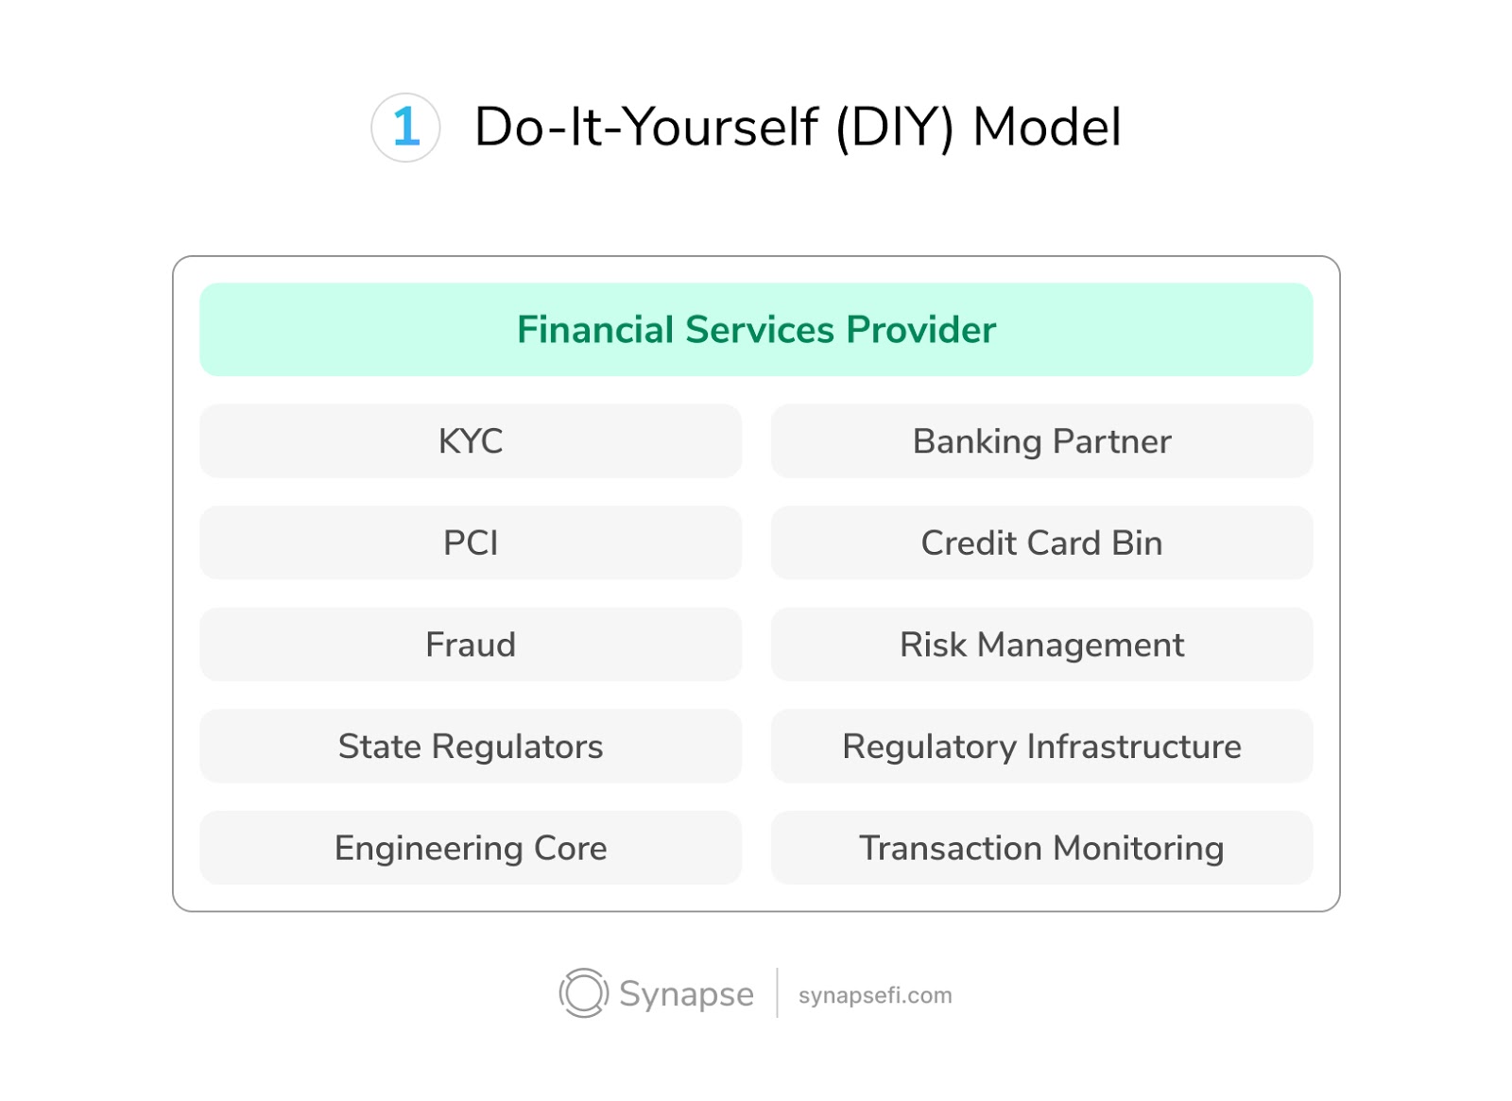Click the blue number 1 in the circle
406,127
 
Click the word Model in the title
1047,127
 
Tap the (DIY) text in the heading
894,129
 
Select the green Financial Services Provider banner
756,330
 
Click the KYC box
471,440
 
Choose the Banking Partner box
1041,440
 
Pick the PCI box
471,542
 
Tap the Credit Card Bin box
1041,542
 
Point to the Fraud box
471,644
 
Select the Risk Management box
1041,644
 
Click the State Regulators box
471,746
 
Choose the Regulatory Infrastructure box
1041,746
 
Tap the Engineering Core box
471,848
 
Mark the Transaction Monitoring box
1041,848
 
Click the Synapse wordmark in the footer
686,994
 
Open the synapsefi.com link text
875,995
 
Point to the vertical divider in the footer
777,992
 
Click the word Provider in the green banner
920,330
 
